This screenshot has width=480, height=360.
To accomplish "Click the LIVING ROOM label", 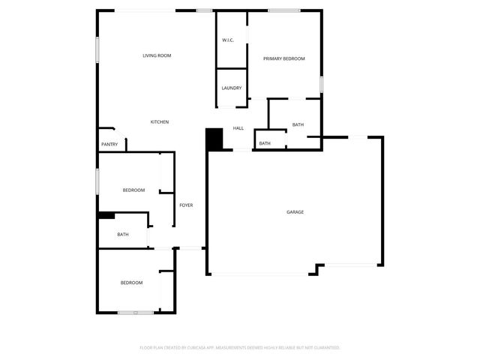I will (157, 55).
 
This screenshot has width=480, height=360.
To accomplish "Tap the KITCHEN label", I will (159, 122).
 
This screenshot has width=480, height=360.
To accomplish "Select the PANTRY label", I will (109, 144).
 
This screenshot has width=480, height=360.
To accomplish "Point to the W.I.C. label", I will (228, 40).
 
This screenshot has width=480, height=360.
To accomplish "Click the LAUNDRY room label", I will (231, 88).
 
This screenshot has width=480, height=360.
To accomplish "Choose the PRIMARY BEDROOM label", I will (283, 58).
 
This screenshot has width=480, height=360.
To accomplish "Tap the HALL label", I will (238, 128).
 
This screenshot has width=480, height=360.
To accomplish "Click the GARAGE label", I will (295, 212).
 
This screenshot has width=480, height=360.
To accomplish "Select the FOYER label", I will (186, 205).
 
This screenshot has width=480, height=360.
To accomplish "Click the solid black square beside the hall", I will (214, 139).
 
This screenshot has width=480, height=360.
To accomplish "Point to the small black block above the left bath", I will (106, 215).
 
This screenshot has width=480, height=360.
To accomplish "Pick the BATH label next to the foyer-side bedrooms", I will (123, 235).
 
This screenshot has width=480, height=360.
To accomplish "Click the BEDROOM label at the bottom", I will (131, 283).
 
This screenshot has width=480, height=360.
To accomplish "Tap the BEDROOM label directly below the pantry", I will (133, 190).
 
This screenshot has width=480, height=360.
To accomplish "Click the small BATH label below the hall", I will (265, 143).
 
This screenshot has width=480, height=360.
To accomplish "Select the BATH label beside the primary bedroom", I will (298, 124).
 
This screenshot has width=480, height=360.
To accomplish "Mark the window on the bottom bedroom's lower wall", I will (135, 312).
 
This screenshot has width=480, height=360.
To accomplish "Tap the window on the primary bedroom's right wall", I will (321, 83).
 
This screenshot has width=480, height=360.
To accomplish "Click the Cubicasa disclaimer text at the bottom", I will (240, 348).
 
